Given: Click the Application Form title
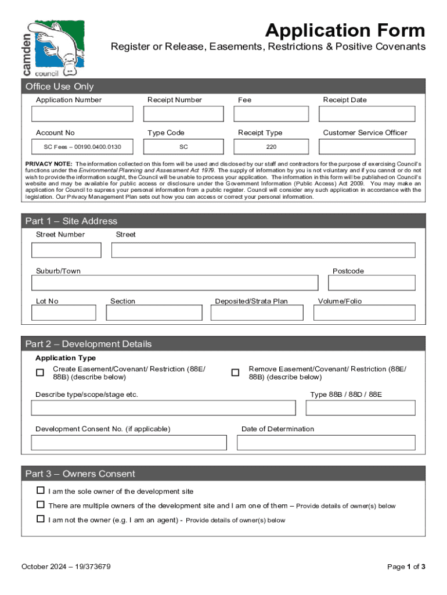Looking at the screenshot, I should [345, 30].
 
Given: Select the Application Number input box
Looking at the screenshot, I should [81, 114].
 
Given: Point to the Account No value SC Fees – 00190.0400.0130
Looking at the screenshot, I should [81, 147].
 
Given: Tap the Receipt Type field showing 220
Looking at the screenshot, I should [271, 147].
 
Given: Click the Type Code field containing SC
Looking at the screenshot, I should [183, 147].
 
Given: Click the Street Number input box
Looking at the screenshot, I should [66, 250].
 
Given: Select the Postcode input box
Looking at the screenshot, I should [372, 282].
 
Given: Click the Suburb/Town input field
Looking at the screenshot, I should [175, 282].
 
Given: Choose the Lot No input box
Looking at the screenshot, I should [64, 313].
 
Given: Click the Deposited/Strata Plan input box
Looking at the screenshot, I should [257, 313].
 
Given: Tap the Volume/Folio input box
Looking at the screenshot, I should [364, 313].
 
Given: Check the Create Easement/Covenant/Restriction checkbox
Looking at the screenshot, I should [40, 372].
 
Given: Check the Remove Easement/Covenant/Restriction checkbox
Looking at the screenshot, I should [235, 372].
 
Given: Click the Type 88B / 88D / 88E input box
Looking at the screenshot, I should [360, 408].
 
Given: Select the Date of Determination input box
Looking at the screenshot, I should [326, 443].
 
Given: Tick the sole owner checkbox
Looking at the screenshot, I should [41, 490].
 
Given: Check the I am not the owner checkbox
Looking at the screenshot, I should [41, 519].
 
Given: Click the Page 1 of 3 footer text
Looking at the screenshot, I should [406, 567].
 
